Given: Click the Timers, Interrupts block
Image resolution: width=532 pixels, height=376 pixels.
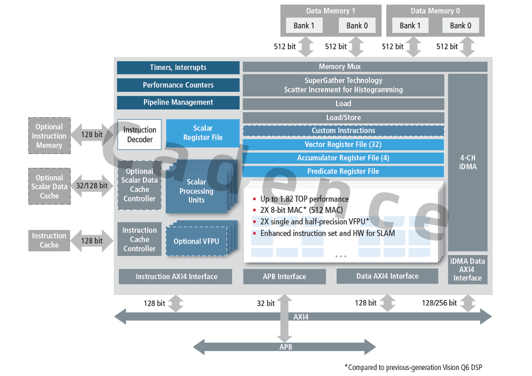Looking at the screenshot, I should [178, 67].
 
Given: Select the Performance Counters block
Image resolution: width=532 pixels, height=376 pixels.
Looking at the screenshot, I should [178, 85].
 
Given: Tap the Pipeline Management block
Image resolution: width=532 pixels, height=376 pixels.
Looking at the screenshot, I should [178, 102].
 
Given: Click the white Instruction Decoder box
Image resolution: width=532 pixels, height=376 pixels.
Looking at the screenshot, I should [140, 135].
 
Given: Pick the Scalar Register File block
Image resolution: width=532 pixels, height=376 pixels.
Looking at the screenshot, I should [203, 133].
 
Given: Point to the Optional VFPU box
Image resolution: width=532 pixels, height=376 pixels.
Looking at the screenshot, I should [196, 241].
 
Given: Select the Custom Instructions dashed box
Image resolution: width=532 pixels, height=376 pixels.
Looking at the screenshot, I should [343, 131].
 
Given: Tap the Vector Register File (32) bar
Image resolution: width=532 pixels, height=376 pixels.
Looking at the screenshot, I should [343, 144].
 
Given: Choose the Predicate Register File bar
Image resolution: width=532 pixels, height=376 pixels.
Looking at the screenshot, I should [343, 171].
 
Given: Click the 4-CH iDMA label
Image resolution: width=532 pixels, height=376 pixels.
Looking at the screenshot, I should [467, 162].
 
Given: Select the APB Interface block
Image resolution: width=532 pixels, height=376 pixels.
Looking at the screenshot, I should [284, 276].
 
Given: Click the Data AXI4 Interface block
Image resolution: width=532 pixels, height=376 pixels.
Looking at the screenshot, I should [387, 276].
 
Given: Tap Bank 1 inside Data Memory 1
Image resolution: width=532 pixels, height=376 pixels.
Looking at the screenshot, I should [304, 25].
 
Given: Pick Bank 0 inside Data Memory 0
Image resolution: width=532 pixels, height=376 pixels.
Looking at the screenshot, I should [461, 25].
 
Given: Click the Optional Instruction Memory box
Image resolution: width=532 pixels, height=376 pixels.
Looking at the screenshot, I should [49, 136].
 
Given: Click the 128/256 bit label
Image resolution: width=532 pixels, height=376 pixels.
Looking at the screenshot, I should [439, 303].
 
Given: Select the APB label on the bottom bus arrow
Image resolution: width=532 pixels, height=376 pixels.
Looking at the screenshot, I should [285, 347].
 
